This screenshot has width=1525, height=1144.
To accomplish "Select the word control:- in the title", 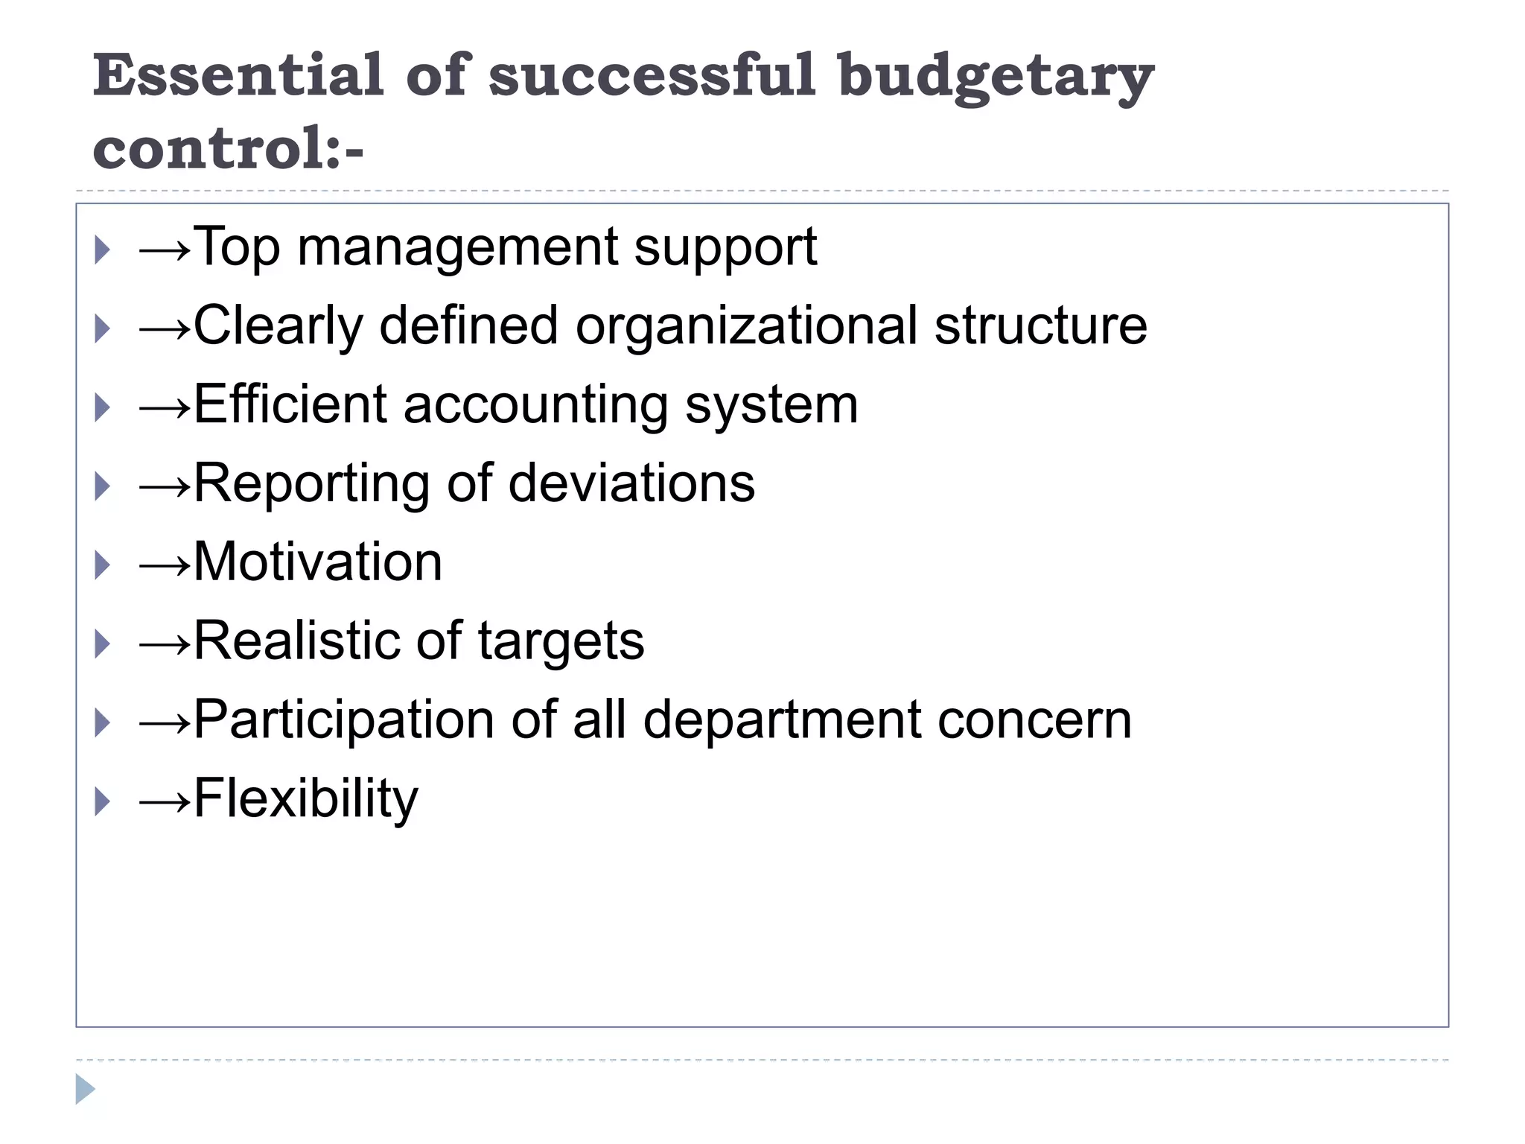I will (228, 148).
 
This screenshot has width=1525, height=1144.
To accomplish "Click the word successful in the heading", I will (652, 75).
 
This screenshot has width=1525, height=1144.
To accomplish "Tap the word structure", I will (1041, 327).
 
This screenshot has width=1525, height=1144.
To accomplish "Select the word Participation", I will (344, 721).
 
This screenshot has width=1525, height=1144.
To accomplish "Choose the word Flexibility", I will (306, 800).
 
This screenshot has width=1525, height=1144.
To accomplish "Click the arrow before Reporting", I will (165, 486).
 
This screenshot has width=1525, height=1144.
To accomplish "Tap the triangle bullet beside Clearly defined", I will (103, 328).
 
